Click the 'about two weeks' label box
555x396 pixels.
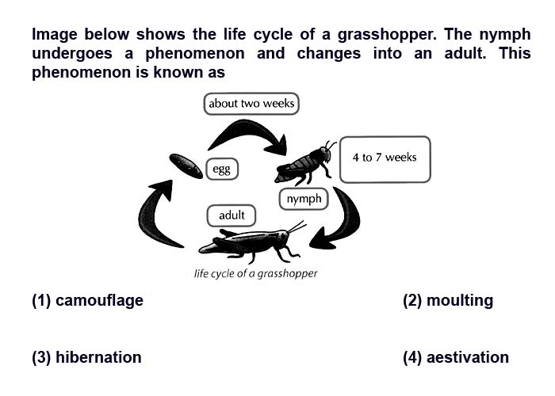251,104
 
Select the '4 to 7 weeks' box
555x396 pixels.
385,159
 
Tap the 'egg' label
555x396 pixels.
222,169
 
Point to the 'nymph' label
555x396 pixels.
304,199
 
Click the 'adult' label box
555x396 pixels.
232,215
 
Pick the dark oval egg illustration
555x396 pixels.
186,166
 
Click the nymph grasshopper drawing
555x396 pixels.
305,162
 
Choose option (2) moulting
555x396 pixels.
448,300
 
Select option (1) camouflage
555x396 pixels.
87,300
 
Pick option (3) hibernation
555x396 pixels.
86,357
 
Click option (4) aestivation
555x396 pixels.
456,357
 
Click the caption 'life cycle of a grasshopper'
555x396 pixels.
255,274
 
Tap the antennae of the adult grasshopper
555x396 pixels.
297,227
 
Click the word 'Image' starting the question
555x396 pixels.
55,35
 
